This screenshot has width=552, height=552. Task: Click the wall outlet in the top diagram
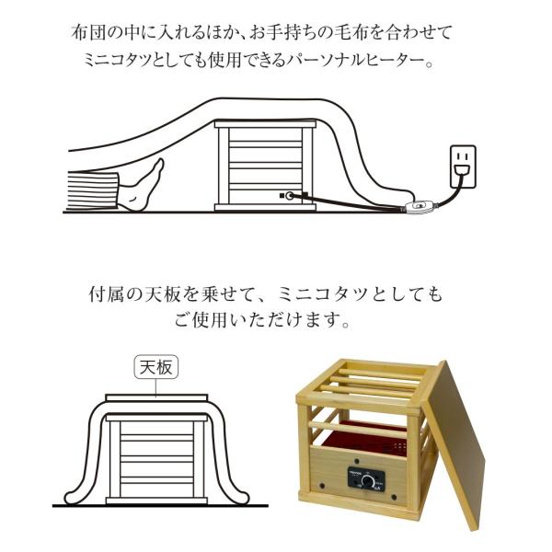(x=462, y=163)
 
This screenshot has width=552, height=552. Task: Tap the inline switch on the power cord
(x=420, y=207)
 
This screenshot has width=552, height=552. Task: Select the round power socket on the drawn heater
(x=292, y=196)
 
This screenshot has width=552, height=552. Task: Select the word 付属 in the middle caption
(x=106, y=296)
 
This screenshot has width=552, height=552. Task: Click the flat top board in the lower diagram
(x=157, y=397)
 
